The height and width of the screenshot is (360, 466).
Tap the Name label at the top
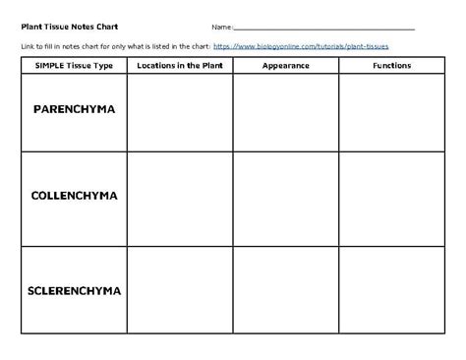tap(220, 28)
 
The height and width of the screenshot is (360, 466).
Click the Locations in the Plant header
tap(180, 65)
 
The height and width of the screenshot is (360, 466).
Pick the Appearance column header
tap(286, 65)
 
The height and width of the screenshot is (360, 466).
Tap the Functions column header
tap(392, 65)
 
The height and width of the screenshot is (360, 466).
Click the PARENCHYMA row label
tap(74, 109)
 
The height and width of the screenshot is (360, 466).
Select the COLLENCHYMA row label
tap(74, 196)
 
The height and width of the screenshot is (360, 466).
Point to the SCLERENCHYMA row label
tap(74, 291)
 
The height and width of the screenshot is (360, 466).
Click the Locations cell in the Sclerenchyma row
tap(180, 290)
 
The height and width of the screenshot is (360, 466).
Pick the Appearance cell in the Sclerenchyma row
tap(286, 290)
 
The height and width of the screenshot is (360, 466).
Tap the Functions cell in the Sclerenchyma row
tap(392, 290)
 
